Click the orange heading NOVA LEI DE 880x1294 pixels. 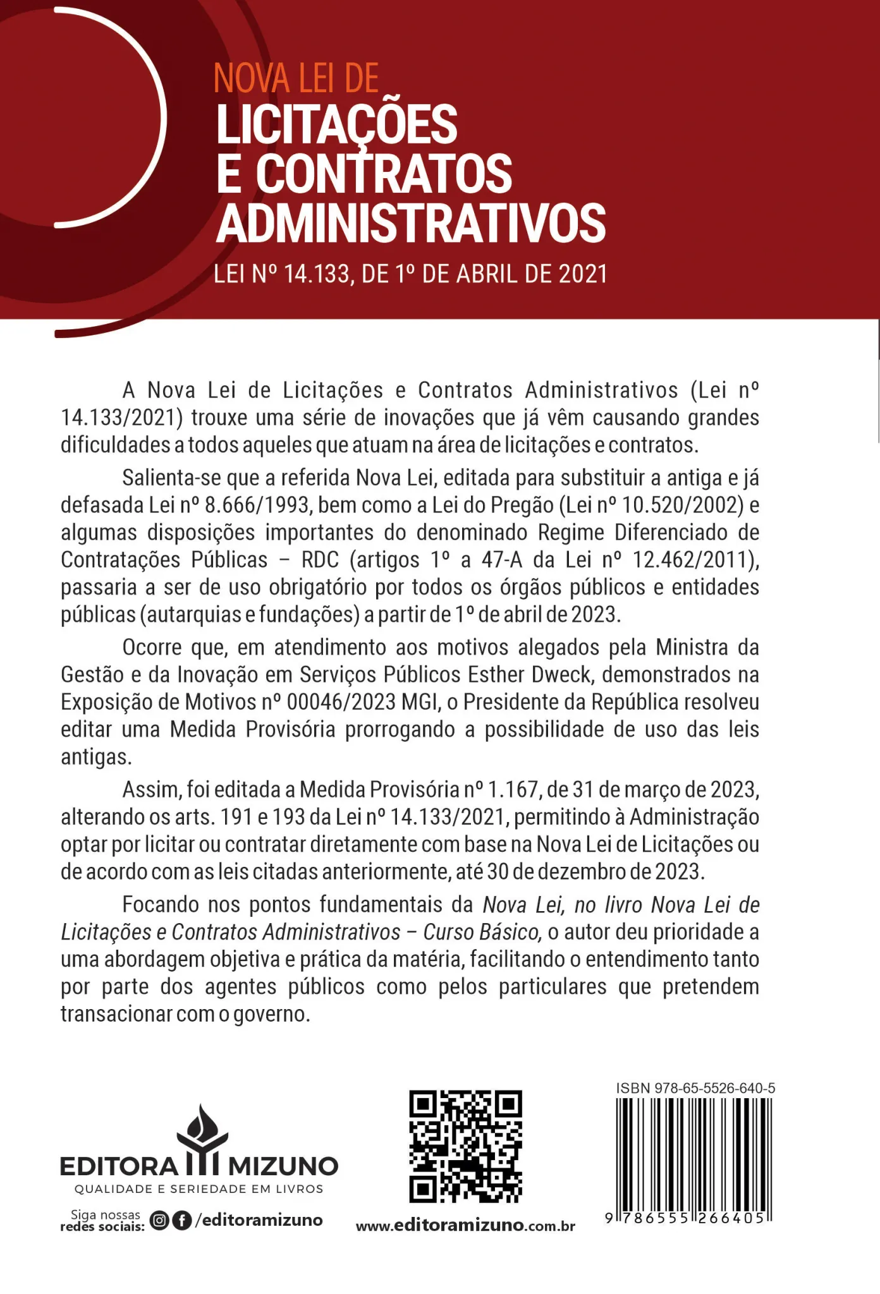296,79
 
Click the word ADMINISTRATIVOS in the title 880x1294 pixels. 411,223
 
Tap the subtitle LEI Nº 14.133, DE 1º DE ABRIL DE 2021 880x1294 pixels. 411,274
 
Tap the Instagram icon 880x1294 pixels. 160,1221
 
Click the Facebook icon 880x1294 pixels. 182,1221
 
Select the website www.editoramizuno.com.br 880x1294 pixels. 465,1226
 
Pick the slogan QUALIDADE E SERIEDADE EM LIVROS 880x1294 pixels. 199,1189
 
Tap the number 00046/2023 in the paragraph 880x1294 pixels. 341,702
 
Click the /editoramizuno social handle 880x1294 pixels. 259,1220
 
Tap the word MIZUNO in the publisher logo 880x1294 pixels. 283,1166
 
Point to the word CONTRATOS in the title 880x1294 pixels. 384,174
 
